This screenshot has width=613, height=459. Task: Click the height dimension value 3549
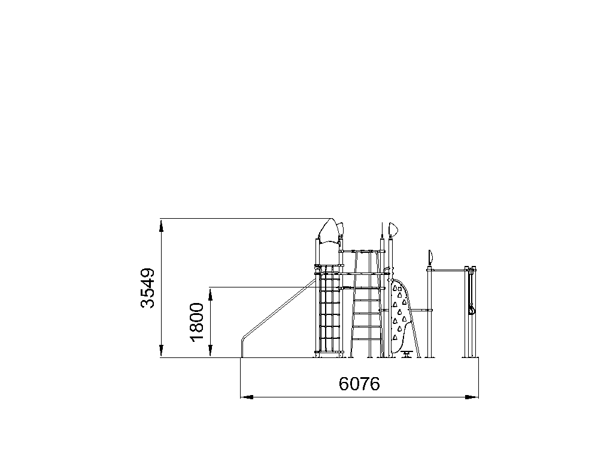[x=148, y=288]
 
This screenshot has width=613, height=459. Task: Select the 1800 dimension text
[x=198, y=322]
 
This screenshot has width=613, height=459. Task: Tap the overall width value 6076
[x=359, y=384]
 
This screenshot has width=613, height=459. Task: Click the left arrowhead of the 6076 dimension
[x=247, y=397]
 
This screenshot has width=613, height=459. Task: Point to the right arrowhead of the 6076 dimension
[x=472, y=397]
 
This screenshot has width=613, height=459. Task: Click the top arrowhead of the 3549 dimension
[x=162, y=225]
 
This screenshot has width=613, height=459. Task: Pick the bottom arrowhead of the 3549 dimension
[x=162, y=351]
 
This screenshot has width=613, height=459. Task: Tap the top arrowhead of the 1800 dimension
[x=210, y=294]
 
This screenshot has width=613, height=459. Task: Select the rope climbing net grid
[x=329, y=310]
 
